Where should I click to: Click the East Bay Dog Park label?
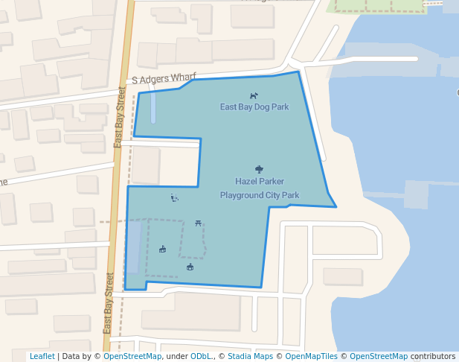pyautogui.click(x=254, y=107)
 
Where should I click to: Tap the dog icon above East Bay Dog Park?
pyautogui.click(x=254, y=95)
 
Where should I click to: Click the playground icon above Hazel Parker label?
pyautogui.click(x=259, y=169)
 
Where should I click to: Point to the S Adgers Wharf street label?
pyautogui.click(x=164, y=77)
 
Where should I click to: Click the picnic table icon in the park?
pyautogui.click(x=198, y=223)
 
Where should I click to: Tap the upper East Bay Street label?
pyautogui.click(x=119, y=117)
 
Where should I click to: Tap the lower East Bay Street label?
pyautogui.click(x=109, y=303)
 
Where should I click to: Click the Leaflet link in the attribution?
pyautogui.click(x=42, y=357)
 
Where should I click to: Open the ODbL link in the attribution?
pyautogui.click(x=202, y=357)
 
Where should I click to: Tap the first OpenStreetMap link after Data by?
pyautogui.click(x=132, y=357)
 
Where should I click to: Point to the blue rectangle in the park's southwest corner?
pyautogui.click(x=133, y=248)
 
